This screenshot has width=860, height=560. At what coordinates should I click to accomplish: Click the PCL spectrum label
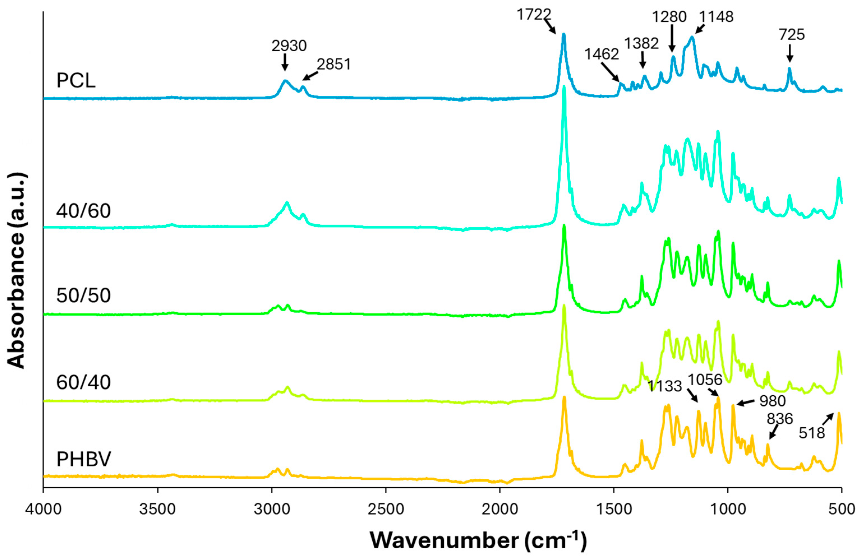tap(76, 80)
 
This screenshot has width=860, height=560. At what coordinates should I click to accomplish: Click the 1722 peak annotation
tap(534, 15)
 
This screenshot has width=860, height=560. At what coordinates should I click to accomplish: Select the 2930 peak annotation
tap(289, 46)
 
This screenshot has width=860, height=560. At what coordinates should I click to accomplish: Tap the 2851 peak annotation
tap(334, 64)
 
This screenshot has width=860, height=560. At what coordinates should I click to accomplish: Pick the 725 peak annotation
tap(791, 35)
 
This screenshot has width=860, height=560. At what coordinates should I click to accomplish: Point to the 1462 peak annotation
tap(602, 54)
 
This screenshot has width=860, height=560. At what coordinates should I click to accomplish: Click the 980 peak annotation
tap(772, 401)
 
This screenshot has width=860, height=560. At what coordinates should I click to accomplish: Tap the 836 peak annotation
tap(780, 419)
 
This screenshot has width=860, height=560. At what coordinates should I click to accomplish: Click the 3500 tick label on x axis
tap(157, 509)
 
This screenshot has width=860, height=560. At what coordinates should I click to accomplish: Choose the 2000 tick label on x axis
tap(500, 509)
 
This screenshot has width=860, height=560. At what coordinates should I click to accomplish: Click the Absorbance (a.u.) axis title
tap(16, 271)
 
